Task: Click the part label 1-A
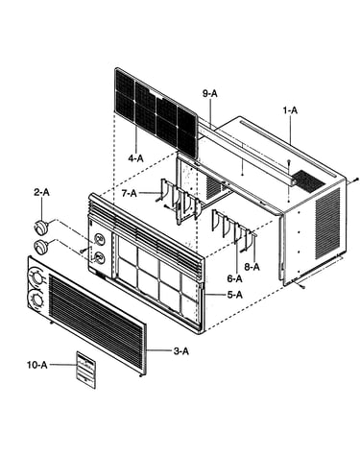click(x=290, y=110)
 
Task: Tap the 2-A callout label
click(x=42, y=192)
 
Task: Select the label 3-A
click(x=181, y=351)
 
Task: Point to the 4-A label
click(x=136, y=158)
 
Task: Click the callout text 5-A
click(x=235, y=295)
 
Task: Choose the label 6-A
click(x=234, y=278)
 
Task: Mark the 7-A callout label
click(x=129, y=193)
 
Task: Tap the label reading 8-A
click(x=252, y=267)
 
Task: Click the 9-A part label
click(x=209, y=93)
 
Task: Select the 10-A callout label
click(x=36, y=365)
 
